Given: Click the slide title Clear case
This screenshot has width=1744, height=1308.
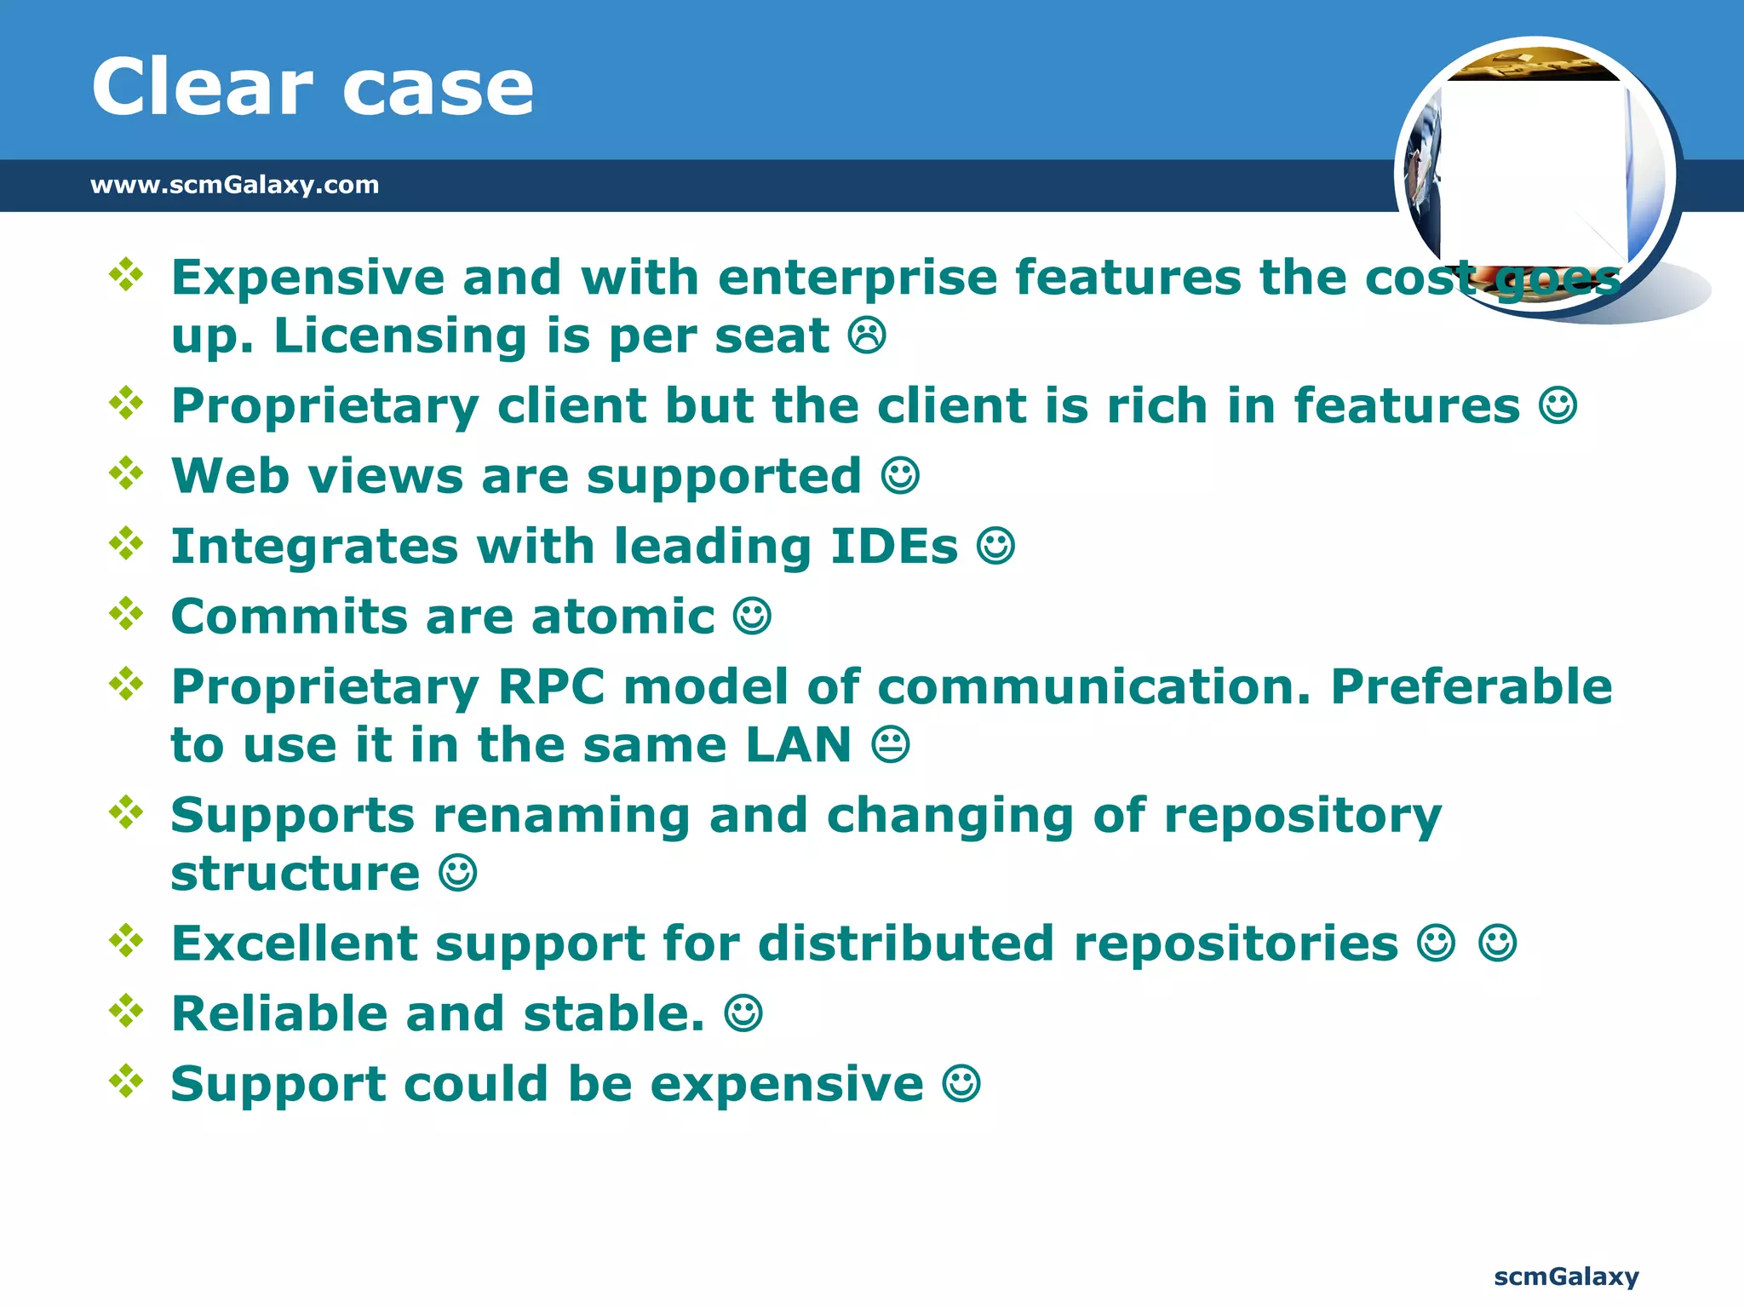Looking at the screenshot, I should point(313,87).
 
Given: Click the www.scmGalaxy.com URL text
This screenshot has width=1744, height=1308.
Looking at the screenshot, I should point(234,185).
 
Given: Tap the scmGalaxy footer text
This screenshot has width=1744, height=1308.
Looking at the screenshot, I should point(1566,1276).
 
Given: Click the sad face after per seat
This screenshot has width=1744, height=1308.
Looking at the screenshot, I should point(867,336).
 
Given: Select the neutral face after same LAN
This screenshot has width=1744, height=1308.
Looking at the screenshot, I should point(891,745).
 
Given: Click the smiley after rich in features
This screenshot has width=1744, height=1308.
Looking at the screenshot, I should point(1558,406).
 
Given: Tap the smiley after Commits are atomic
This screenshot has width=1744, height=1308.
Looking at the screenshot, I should point(752,617).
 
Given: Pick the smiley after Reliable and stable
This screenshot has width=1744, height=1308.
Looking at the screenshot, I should point(743,1014).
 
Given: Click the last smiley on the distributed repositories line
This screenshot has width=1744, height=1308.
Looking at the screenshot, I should point(1497,944).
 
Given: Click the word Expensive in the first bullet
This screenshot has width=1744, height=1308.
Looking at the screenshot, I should point(307,278).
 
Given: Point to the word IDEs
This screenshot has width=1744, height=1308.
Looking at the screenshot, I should point(893,547).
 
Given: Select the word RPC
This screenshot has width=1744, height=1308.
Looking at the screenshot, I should point(551,687).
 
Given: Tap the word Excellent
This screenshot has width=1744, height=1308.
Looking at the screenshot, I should point(294,944).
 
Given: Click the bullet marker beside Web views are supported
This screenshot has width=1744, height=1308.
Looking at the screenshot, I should point(126,473).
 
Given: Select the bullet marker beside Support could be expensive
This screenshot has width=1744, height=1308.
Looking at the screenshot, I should point(126,1081).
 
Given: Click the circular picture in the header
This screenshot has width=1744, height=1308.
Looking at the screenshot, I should point(1535,175).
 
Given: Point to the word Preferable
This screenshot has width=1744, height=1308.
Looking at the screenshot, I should point(1471,687).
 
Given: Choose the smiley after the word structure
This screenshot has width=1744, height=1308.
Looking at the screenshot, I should point(457,874).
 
